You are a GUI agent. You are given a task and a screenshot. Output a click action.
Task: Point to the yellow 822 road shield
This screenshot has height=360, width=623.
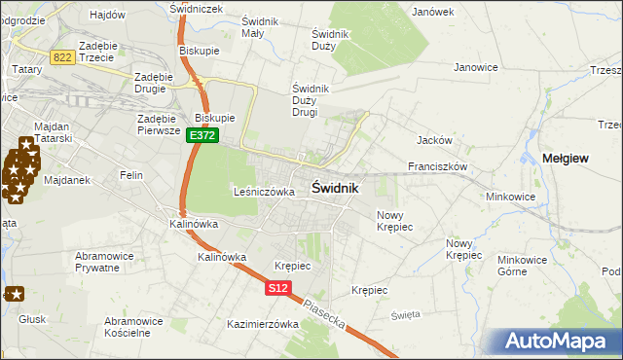pos(63,57)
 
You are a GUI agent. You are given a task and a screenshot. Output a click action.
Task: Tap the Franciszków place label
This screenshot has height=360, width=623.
pos(438,166)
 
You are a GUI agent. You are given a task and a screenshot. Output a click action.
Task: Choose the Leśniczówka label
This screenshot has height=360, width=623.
pos(264,192)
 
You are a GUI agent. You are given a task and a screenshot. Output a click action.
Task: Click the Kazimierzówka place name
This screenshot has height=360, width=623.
pos(262,324)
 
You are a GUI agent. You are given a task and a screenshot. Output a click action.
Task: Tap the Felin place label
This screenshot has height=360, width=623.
pos(131,175)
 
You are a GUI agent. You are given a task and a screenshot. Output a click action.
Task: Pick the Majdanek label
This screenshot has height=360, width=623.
pos(67,180)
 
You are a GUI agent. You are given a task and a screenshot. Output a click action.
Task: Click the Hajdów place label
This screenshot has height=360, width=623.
pos(107,15)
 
